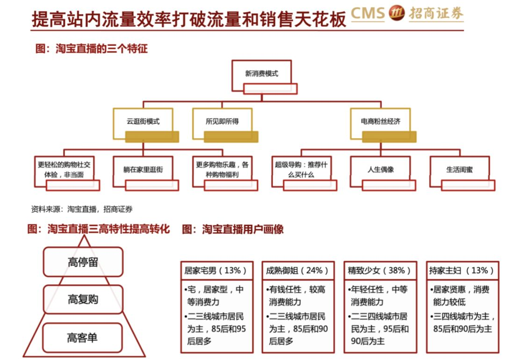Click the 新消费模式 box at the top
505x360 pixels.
click(261, 74)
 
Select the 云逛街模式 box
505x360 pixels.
click(143, 122)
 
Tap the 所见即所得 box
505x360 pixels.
click(222, 122)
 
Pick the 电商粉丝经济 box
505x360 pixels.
click(380, 122)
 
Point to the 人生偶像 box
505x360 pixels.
click(380, 170)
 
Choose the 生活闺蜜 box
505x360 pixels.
click(459, 170)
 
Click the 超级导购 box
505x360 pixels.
click(301, 170)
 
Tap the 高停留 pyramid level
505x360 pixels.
click(83, 262)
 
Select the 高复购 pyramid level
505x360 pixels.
click(83, 299)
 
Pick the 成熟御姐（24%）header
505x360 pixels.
click(298, 271)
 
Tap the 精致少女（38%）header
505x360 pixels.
click(380, 271)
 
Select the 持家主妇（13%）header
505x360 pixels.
click(461, 271)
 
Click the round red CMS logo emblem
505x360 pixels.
click(397, 14)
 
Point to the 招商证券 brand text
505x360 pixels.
click(436, 14)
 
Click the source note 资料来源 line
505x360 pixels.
click(82, 209)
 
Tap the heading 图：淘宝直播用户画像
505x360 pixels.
click(233, 230)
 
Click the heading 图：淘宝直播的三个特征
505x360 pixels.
click(92, 49)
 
